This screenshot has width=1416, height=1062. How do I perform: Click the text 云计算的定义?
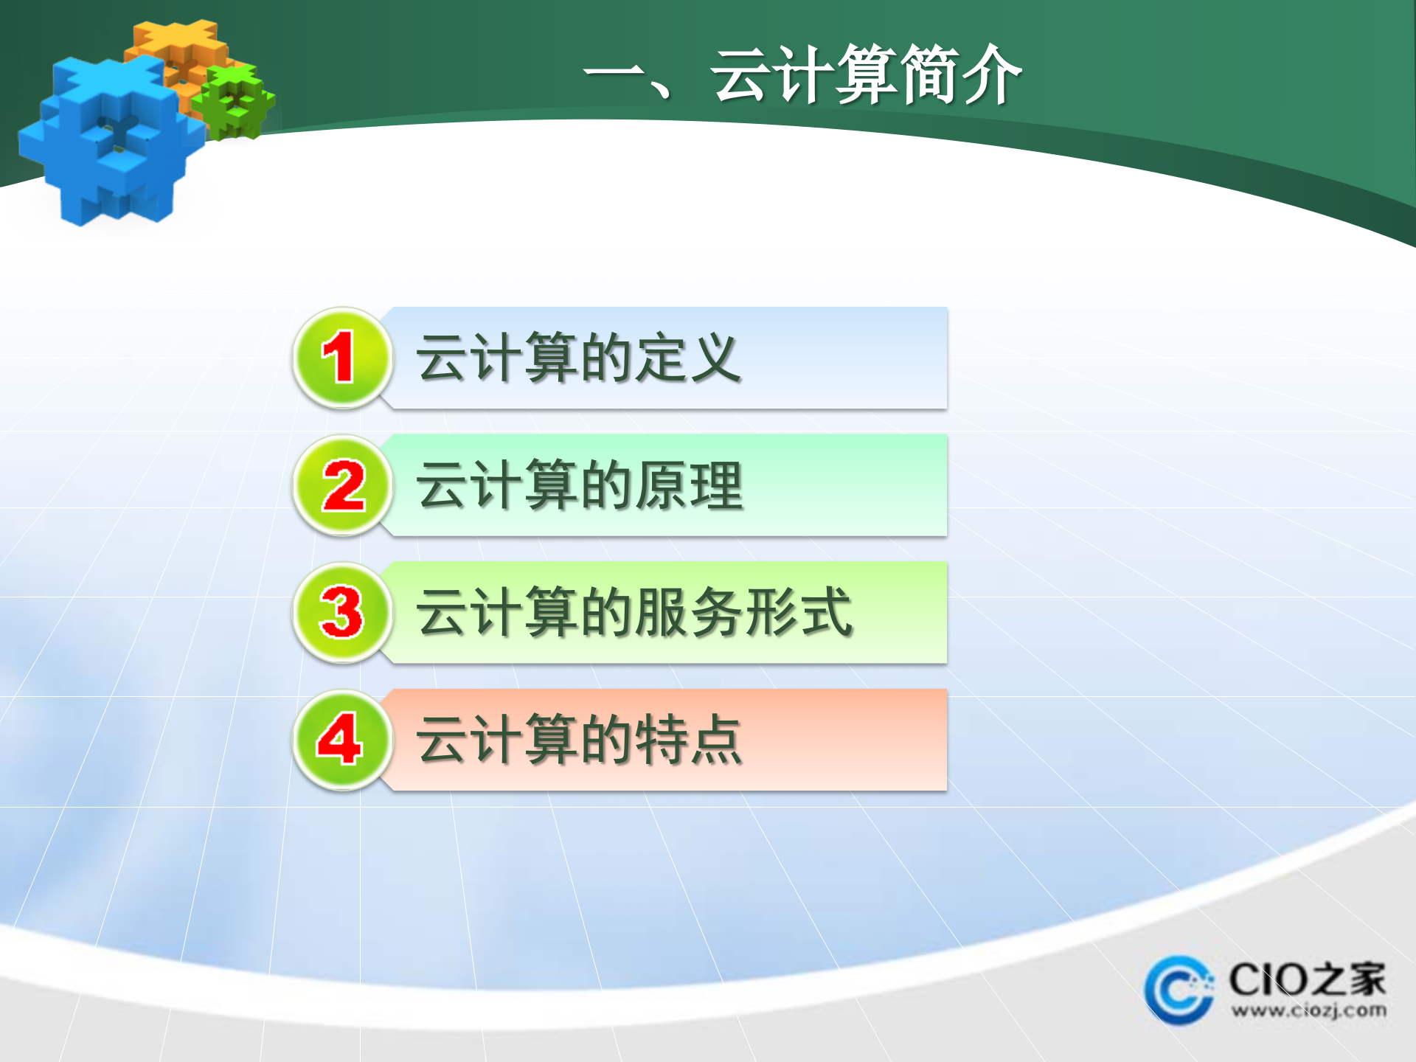578,358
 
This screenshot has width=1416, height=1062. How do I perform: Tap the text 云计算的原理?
580,486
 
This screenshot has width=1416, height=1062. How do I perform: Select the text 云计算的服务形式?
634,613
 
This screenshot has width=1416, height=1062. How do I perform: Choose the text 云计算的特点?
580,740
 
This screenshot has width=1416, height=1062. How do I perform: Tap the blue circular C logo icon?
1179,990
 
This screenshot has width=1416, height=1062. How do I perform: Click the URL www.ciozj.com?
1308,1010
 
